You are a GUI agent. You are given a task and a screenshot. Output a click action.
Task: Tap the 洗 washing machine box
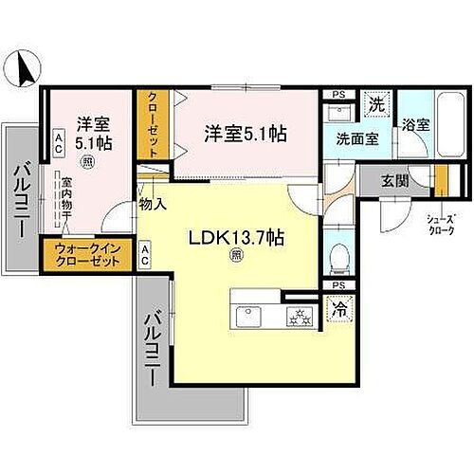click(x=375, y=102)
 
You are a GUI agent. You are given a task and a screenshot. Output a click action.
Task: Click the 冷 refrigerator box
click(x=337, y=309)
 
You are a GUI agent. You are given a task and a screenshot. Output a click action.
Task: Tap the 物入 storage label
click(x=152, y=203)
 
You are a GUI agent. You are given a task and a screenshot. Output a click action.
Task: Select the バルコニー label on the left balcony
click(x=20, y=200)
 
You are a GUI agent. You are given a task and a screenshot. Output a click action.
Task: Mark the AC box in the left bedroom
click(x=59, y=145)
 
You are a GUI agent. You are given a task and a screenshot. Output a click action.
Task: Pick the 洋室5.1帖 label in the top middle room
click(x=246, y=135)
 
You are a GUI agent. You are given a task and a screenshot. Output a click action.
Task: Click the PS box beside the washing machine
click(x=337, y=94)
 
